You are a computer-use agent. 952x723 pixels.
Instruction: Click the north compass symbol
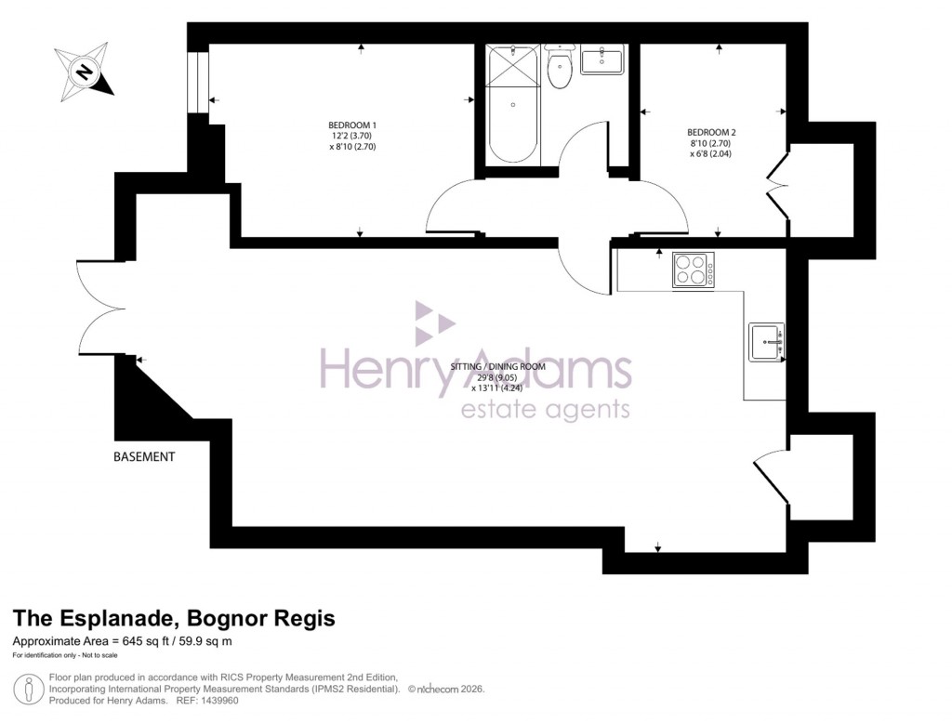coord(85,72)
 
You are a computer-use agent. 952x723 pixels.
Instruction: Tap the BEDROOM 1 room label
coord(352,125)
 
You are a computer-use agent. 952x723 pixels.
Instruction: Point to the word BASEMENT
coord(144,456)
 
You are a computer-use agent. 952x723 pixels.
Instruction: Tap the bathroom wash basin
coord(603,60)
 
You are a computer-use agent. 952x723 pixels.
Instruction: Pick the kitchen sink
coord(767,342)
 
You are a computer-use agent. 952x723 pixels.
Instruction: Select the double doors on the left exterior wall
coord(98,307)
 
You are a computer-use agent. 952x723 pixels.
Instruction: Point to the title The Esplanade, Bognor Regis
coord(173,619)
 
